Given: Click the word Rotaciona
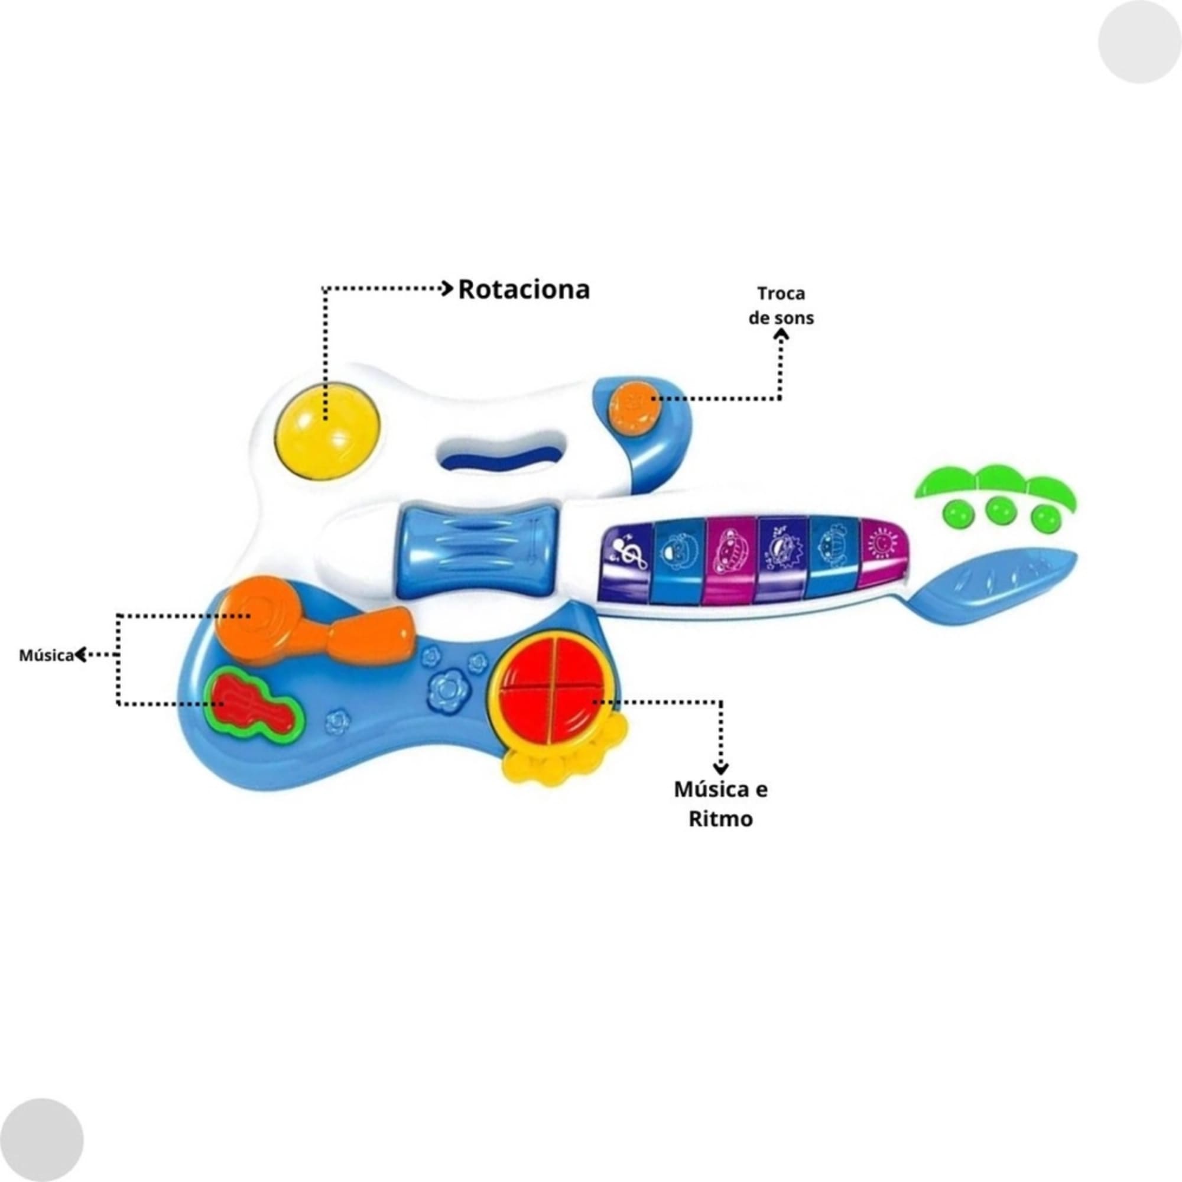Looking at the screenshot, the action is click(x=524, y=290).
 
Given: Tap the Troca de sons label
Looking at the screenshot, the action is click(x=781, y=306).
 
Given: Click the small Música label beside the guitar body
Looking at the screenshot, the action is click(x=47, y=655).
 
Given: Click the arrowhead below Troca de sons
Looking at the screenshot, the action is click(x=781, y=335).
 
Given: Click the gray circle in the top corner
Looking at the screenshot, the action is click(x=1140, y=42).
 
